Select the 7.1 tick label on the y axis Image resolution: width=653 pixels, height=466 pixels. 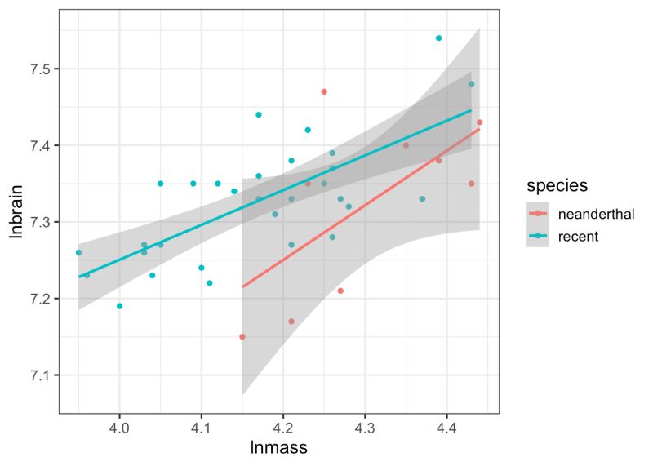(x=40, y=375)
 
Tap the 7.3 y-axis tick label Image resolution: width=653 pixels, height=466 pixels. (x=40, y=222)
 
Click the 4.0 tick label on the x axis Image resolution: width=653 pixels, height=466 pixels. (x=120, y=428)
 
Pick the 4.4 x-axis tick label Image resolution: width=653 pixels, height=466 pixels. (x=446, y=428)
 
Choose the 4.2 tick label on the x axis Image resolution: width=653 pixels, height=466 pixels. (x=283, y=428)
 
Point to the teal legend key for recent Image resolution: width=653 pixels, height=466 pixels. (x=540, y=237)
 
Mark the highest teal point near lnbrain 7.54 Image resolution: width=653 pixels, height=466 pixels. (x=438, y=38)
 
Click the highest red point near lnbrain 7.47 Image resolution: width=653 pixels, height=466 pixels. (x=324, y=91)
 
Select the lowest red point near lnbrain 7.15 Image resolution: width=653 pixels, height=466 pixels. (x=242, y=336)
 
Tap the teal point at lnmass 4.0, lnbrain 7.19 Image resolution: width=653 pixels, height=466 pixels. (x=120, y=306)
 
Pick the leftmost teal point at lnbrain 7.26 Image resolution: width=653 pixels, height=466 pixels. (x=78, y=252)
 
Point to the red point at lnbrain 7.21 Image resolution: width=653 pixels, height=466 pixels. (x=340, y=291)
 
